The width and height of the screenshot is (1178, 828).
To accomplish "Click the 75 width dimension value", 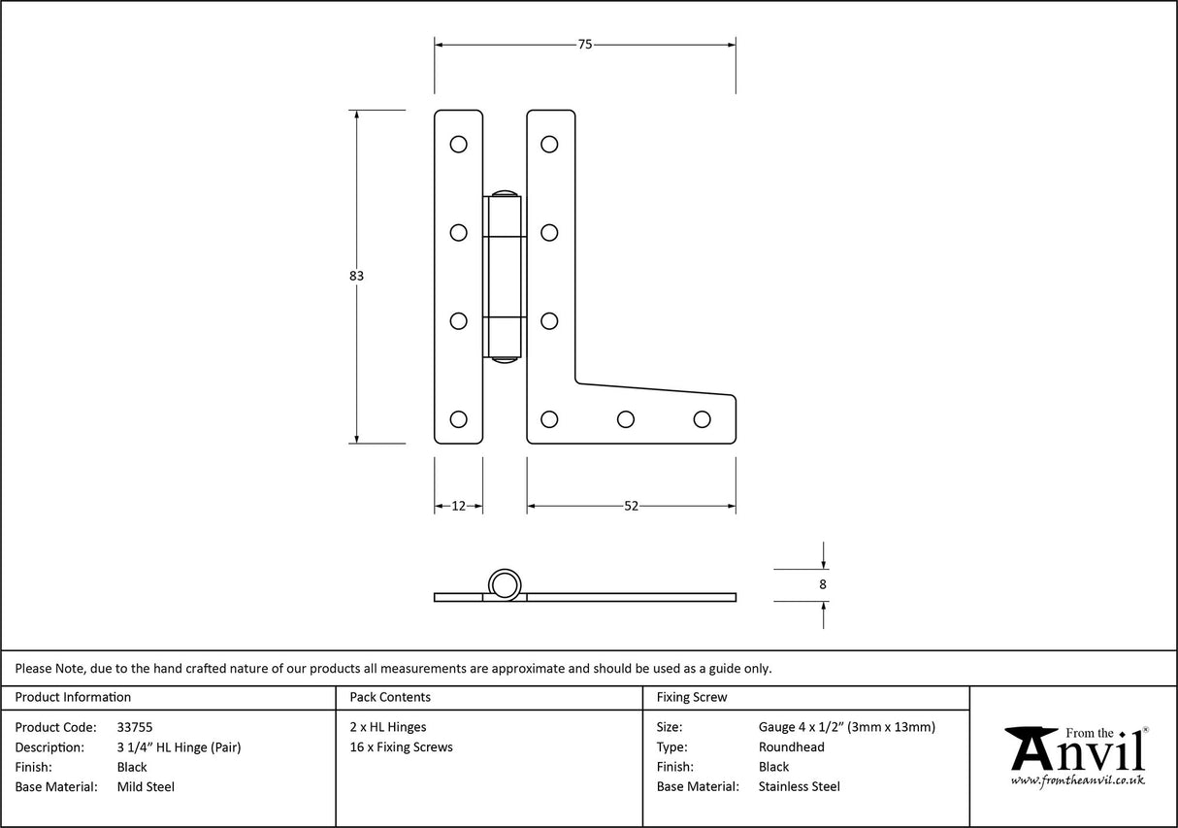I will point(584,44).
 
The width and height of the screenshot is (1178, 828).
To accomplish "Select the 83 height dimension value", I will point(356,276).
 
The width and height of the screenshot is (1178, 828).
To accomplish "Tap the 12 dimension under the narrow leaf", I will point(459,506).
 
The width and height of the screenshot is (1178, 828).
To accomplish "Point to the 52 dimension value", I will point(631,506).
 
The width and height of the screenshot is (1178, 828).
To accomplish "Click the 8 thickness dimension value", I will point(823,584).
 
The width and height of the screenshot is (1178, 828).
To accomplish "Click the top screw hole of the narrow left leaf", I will point(458,145).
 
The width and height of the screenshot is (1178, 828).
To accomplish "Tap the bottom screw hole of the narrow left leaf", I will point(458,419).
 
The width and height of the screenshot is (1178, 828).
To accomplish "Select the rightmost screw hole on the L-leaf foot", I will point(703,419).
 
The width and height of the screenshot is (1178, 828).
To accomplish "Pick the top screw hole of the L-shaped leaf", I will point(549,145).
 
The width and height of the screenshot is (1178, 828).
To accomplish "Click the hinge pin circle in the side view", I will point(504,584).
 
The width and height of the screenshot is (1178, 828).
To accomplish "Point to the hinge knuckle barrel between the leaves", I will point(505,277).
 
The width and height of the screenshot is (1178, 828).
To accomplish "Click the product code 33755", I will point(134,727).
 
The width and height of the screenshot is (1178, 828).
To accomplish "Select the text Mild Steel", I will point(146,787).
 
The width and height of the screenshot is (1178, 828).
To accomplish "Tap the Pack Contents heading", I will point(390,697).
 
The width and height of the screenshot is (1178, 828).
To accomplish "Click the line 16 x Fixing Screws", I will point(401,747).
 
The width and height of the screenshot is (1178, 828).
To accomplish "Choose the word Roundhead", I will point(791,747).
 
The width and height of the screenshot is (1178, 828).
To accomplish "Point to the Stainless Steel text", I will point(799,787).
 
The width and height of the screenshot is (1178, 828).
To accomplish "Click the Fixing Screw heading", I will point(691,697).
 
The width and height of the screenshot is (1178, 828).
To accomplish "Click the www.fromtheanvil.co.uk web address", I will point(1077,779).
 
